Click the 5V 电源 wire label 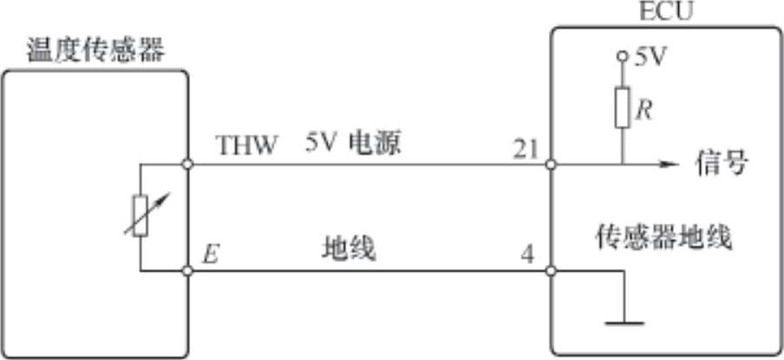click(352, 144)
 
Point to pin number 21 click(525, 149)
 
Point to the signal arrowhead click(670, 163)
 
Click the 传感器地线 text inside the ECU click(663, 235)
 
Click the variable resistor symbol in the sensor click(140, 216)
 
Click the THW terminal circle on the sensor click(187, 163)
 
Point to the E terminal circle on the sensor click(187, 271)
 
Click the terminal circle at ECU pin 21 click(552, 163)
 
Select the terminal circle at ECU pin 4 click(552, 271)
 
